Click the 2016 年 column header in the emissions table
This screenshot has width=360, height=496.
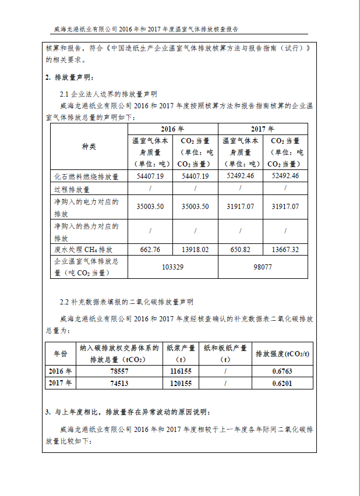coord(172,129)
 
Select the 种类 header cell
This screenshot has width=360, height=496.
coord(89,146)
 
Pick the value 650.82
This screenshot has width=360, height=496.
coord(240,249)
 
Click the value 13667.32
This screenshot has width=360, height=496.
coord(285,249)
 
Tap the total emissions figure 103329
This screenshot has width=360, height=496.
coord(172,267)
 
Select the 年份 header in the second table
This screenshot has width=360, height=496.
coord(61,353)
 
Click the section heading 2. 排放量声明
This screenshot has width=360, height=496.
coord(69,77)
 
